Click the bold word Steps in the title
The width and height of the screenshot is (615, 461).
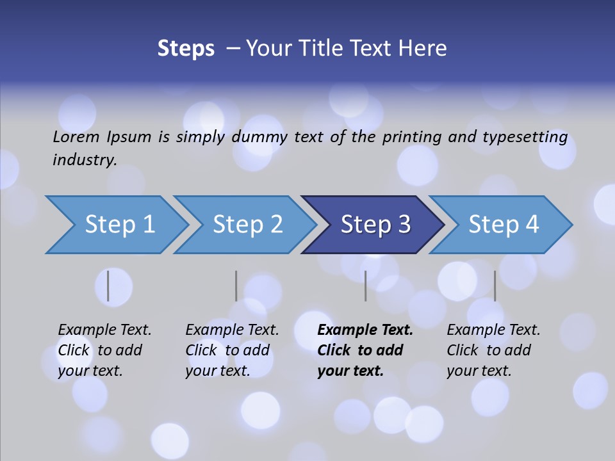coord(186,49)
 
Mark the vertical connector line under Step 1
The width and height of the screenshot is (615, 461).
coord(108,286)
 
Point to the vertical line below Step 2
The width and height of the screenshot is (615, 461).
coord(236,286)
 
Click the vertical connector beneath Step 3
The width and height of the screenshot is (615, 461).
coord(366,286)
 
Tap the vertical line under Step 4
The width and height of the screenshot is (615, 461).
coord(495,286)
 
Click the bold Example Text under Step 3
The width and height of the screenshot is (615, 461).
coord(365,330)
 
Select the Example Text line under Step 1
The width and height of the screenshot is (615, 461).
coord(104,330)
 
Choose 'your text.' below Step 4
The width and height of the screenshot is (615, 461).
coord(479,371)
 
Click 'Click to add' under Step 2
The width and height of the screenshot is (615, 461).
coord(227,350)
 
